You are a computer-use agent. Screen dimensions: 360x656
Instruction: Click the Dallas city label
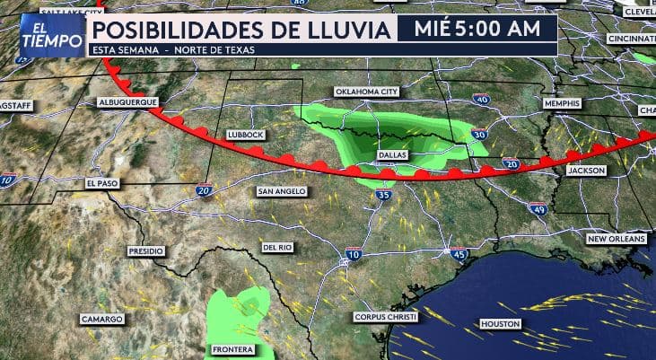coord(393,154)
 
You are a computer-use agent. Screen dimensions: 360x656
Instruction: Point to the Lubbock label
coord(246,134)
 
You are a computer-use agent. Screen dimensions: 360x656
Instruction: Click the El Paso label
coord(101,182)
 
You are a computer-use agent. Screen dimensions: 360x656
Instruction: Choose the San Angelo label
coord(282,191)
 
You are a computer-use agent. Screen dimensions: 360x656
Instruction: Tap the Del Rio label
coord(276,246)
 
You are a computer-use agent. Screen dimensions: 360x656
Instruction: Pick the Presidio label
coord(147,250)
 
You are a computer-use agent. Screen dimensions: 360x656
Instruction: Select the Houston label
coord(500,322)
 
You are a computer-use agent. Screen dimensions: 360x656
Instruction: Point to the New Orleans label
coord(617,239)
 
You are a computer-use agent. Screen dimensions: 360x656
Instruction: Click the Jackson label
coord(586,169)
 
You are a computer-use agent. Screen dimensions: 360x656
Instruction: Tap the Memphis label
coord(563,103)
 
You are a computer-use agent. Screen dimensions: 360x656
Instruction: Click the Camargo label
coord(101,319)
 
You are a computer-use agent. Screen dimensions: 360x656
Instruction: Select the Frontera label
coord(232,349)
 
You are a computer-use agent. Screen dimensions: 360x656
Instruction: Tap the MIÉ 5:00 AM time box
coord(477,30)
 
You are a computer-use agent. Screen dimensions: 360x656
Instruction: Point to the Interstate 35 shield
coord(384,194)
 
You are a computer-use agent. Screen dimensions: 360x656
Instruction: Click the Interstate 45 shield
coord(459,253)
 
